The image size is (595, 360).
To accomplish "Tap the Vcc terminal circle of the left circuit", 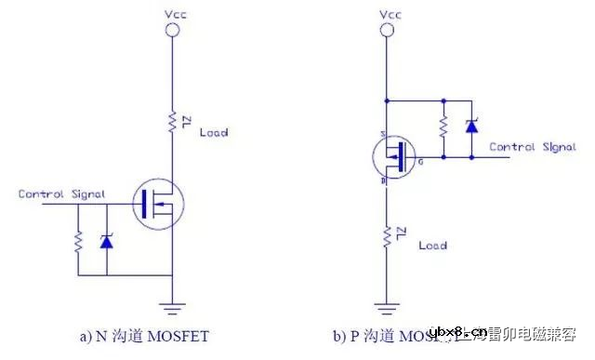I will [x=172, y=31].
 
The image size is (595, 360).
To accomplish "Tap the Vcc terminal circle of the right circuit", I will [x=386, y=31].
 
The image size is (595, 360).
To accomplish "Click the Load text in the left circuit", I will [x=214, y=132].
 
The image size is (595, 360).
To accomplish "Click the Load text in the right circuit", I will [x=432, y=245].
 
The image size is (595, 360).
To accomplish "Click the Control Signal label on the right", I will [x=533, y=147].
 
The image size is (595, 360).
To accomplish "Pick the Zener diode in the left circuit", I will [x=106, y=241].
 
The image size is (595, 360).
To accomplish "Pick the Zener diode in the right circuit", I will [x=471, y=126].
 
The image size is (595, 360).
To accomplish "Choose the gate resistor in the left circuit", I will [x=78, y=242].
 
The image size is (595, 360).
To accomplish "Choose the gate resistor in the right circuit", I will [x=443, y=126].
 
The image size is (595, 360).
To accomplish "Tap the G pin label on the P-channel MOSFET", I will [x=421, y=163].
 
